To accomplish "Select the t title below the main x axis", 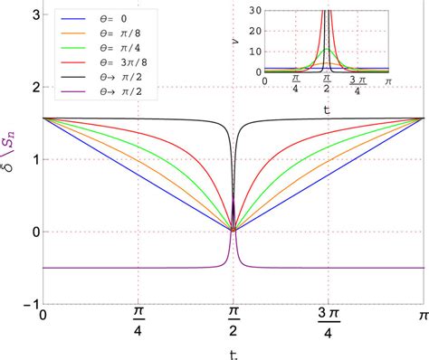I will [234, 353].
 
